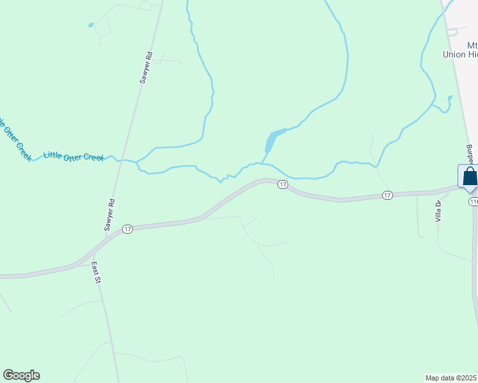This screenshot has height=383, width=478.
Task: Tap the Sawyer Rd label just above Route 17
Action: click(109, 214)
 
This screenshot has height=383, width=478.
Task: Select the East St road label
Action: click(96, 271)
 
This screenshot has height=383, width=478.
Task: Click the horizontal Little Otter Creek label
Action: click(73, 156)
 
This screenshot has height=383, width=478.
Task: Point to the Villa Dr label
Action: click(438, 211)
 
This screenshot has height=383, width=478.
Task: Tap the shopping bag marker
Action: click(469, 177)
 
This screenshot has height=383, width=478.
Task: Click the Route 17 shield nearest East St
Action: click(127, 229)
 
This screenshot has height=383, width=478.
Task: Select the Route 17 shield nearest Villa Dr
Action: click(387, 195)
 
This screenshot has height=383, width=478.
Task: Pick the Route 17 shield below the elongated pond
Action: click(282, 184)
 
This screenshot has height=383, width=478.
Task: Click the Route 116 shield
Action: click(473, 202)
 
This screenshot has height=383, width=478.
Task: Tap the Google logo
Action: click(21, 375)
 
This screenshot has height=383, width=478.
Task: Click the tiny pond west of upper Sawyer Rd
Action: click(91, 26)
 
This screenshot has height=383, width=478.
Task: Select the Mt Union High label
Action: click(464, 50)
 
